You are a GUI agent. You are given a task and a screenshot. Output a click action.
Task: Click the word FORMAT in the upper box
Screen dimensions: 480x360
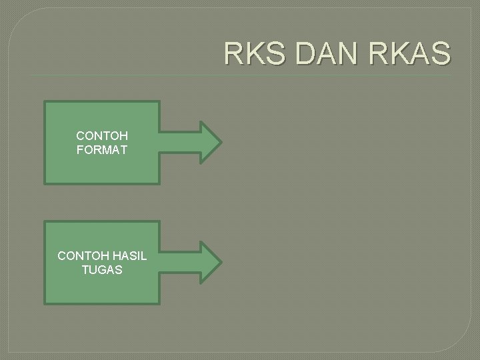click(x=102, y=149)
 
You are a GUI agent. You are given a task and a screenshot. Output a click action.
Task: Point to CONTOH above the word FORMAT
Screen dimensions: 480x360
click(x=102, y=136)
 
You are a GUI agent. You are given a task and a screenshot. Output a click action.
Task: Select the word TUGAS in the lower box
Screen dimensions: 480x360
click(x=102, y=269)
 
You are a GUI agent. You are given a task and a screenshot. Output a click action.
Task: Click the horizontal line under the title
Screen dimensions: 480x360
click(x=240, y=75)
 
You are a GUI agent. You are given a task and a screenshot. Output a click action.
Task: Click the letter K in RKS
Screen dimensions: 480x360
click(x=255, y=53)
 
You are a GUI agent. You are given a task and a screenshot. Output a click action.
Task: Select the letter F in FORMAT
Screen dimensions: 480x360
click(x=80, y=149)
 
